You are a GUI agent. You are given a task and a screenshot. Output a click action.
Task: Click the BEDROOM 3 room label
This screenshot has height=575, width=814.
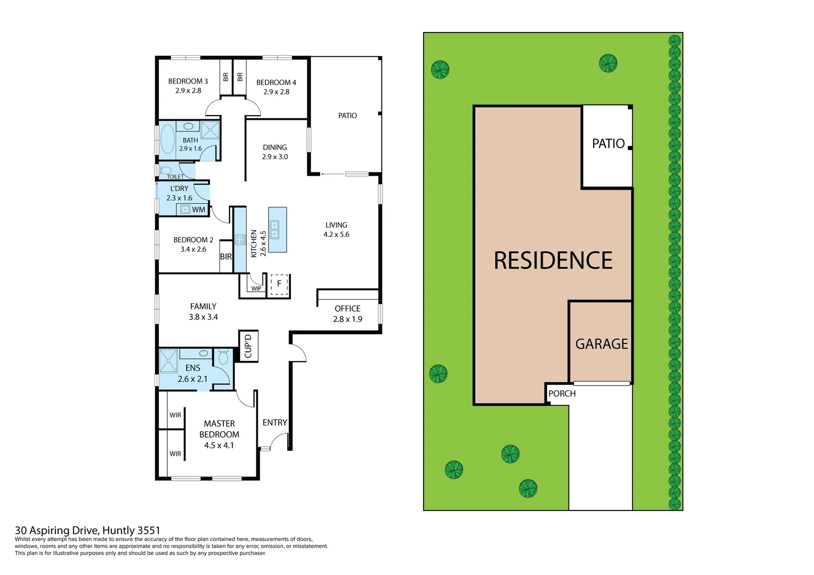(188, 86)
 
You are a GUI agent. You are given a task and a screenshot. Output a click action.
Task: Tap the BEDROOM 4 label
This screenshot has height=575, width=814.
(276, 87)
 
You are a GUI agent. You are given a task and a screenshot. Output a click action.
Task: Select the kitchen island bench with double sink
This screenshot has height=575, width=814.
(277, 229)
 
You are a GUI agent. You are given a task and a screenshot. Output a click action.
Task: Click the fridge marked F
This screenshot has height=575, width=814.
(279, 284)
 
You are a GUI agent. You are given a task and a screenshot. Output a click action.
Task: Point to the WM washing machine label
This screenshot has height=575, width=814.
(198, 210)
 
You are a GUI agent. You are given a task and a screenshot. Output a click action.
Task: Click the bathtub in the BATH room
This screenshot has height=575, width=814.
(167, 139)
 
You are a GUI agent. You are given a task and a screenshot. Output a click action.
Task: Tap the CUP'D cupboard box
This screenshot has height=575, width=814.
(248, 346)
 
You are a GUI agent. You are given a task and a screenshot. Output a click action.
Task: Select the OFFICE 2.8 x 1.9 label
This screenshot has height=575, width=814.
(347, 314)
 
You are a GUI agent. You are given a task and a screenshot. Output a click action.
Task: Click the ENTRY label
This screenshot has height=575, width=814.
(275, 423)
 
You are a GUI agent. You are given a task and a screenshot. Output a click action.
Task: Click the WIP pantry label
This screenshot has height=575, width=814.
(256, 289)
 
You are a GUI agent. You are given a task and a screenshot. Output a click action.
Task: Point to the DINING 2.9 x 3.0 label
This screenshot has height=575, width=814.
(275, 152)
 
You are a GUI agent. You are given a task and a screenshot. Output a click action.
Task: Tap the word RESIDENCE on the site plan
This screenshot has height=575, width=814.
(553, 261)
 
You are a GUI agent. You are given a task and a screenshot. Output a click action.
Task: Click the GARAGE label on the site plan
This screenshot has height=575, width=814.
(601, 344)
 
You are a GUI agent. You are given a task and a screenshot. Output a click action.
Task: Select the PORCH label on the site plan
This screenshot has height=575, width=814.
(561, 393)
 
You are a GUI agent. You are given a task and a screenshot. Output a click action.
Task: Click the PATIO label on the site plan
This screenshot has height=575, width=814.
(608, 144)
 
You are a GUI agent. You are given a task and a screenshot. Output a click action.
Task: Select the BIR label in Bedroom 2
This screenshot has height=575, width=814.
(226, 257)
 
